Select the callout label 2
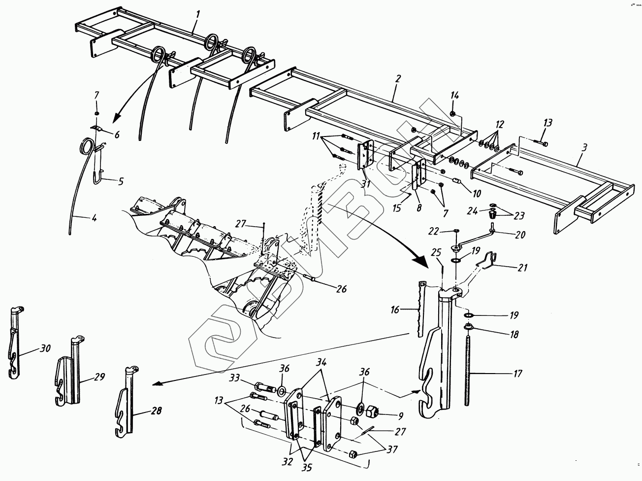(398, 78)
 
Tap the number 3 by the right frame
(583, 147)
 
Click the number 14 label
(454, 95)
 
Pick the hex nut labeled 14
(452, 114)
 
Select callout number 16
(395, 310)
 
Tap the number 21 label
(522, 268)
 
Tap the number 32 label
(287, 461)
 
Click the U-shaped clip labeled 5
(98, 172)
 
